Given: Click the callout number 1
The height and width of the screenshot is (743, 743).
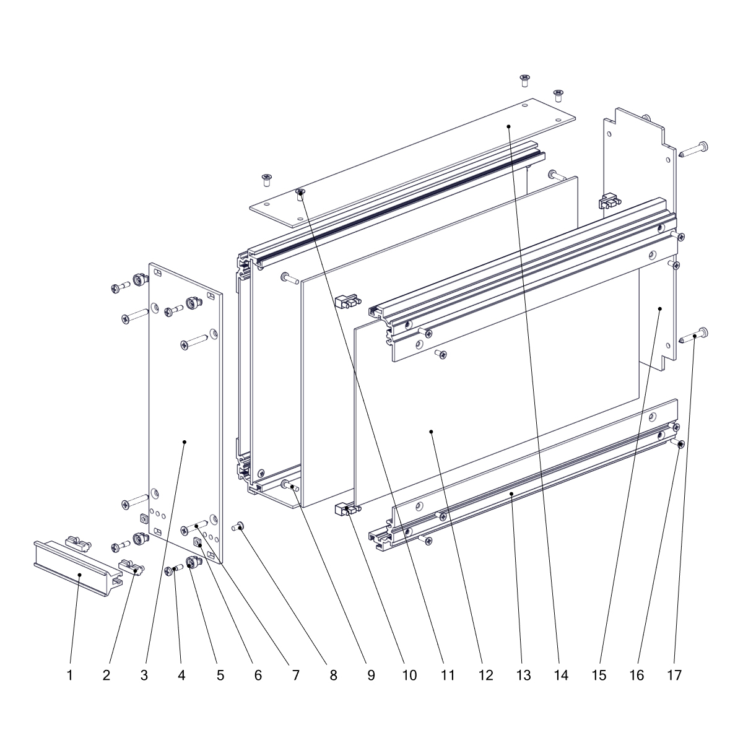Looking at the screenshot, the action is [x=70, y=675].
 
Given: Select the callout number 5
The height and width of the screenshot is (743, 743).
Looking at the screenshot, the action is [x=220, y=675].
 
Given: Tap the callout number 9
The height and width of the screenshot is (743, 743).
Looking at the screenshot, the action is [x=371, y=675].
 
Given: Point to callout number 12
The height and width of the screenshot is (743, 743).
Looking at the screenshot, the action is [x=486, y=675].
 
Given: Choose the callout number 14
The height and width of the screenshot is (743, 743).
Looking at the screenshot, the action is [x=562, y=675].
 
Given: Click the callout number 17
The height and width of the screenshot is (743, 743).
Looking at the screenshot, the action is [x=675, y=675].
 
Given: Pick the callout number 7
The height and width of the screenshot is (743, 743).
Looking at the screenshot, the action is [x=296, y=675].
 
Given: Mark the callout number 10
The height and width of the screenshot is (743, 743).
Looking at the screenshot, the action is [x=409, y=675].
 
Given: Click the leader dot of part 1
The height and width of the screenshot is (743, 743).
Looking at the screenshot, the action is [x=79, y=575].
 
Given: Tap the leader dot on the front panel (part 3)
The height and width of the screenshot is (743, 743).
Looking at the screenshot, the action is [x=185, y=442].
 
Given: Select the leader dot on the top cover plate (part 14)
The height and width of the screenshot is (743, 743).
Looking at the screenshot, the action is [x=508, y=126].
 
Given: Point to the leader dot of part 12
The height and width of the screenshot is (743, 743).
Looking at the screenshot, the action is [x=432, y=432].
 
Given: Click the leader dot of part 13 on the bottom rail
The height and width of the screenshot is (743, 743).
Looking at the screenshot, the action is [x=511, y=493].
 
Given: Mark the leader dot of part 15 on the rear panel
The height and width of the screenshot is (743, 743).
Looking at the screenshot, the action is [x=659, y=308].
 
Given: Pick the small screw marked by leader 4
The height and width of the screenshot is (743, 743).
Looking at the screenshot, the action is [x=173, y=569].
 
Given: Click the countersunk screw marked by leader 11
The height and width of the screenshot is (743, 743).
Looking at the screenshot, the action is [x=300, y=194].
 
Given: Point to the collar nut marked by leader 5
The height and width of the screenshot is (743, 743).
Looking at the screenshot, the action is [x=192, y=563].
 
